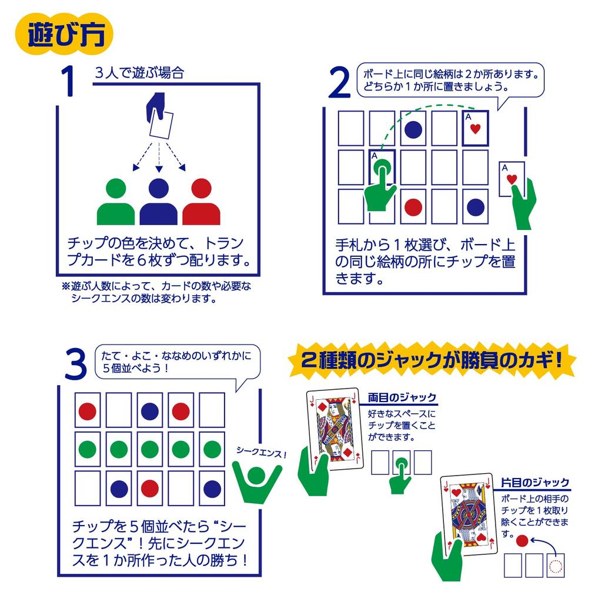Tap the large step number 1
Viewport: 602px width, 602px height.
pyautogui.click(x=69, y=81)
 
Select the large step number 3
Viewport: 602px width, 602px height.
pyautogui.click(x=75, y=364)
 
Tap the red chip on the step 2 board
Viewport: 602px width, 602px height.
pyautogui.click(x=413, y=207)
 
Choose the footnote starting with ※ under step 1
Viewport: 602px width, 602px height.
pyautogui.click(x=156, y=292)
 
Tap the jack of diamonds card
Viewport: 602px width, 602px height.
pyautogui.click(x=333, y=429)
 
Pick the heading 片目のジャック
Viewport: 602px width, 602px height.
pyautogui.click(x=535, y=483)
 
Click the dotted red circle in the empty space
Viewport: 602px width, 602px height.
pyautogui.click(x=555, y=566)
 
